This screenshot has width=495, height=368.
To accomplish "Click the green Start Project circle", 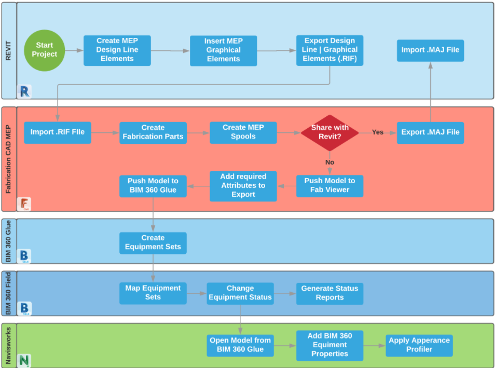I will (44, 50).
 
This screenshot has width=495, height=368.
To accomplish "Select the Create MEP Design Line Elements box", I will (117, 50).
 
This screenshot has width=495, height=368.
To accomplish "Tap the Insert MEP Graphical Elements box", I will (223, 50).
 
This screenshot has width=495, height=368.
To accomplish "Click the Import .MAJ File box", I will (430, 50).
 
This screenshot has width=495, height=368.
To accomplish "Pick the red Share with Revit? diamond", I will (329, 132).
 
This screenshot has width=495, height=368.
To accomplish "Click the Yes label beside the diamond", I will (378, 132).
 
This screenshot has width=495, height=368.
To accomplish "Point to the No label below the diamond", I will (329, 162).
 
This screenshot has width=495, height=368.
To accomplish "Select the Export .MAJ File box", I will (430, 132).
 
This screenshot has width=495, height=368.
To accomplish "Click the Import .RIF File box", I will (57, 132).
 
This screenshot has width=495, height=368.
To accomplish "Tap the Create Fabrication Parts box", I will (153, 132).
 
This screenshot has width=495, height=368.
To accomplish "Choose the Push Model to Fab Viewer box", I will (329, 185).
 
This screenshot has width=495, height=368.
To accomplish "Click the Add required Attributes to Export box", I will (243, 186).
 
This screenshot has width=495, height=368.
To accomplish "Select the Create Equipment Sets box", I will (153, 242).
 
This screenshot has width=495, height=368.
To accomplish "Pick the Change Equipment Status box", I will (240, 293).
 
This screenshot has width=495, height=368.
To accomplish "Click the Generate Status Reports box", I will (329, 293).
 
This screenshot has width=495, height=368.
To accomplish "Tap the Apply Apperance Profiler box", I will (419, 345).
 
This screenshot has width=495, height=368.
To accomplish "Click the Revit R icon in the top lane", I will (24, 92).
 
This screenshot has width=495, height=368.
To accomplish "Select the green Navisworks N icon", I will (24, 360).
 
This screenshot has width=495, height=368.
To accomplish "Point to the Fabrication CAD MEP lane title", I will (8, 159).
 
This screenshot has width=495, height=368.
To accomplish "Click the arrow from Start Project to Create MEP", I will (74, 50).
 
